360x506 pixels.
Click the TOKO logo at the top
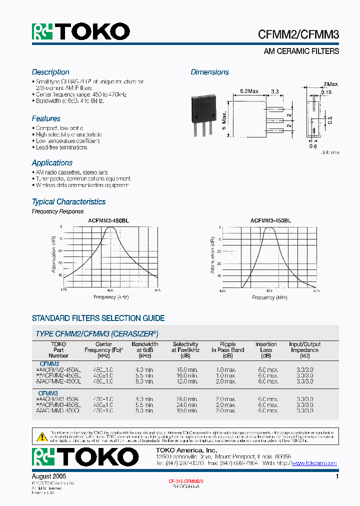[81, 32]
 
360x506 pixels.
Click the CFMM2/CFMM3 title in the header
[298, 34]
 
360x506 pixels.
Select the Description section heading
[50, 72]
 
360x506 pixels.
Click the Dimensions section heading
[209, 72]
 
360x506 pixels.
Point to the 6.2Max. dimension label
[250, 91]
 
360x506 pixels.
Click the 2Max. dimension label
[331, 84]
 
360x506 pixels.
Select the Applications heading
[52, 163]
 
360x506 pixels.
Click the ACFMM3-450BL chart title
[270, 220]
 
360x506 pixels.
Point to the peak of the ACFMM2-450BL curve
[111, 227]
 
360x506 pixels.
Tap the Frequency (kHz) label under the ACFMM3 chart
[270, 297]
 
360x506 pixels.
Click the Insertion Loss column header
[266, 347]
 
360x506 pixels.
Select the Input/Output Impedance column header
[304, 347]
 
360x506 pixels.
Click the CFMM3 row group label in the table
[48, 393]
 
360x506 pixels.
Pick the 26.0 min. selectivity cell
[185, 399]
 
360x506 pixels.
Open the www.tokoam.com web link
[314, 463]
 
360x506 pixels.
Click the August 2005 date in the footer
[49, 477]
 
